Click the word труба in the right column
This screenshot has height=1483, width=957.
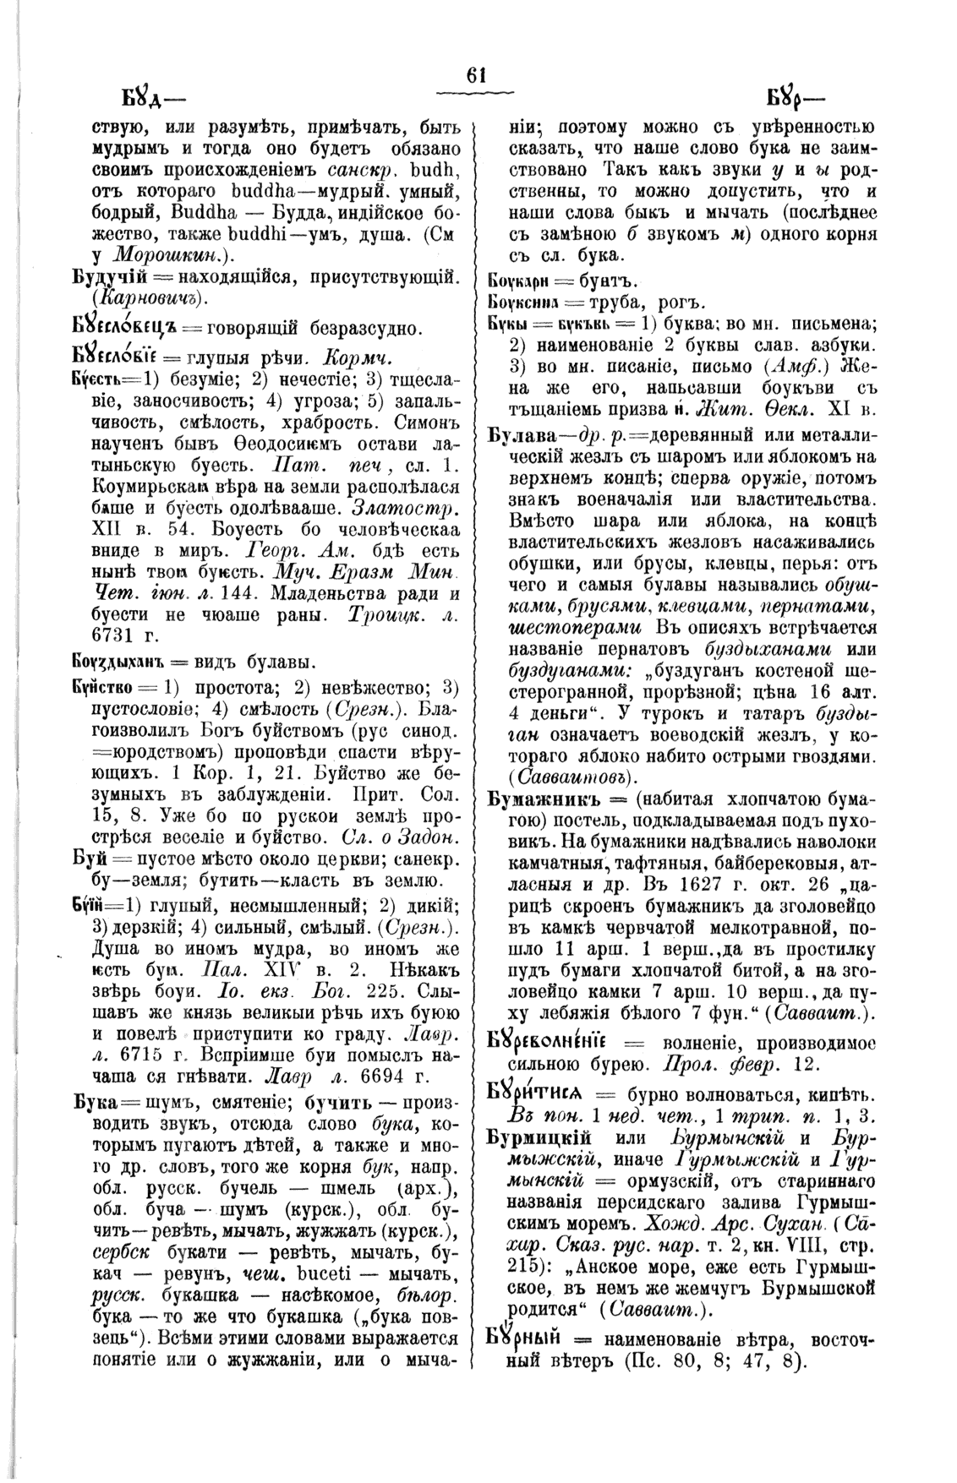(610, 302)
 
